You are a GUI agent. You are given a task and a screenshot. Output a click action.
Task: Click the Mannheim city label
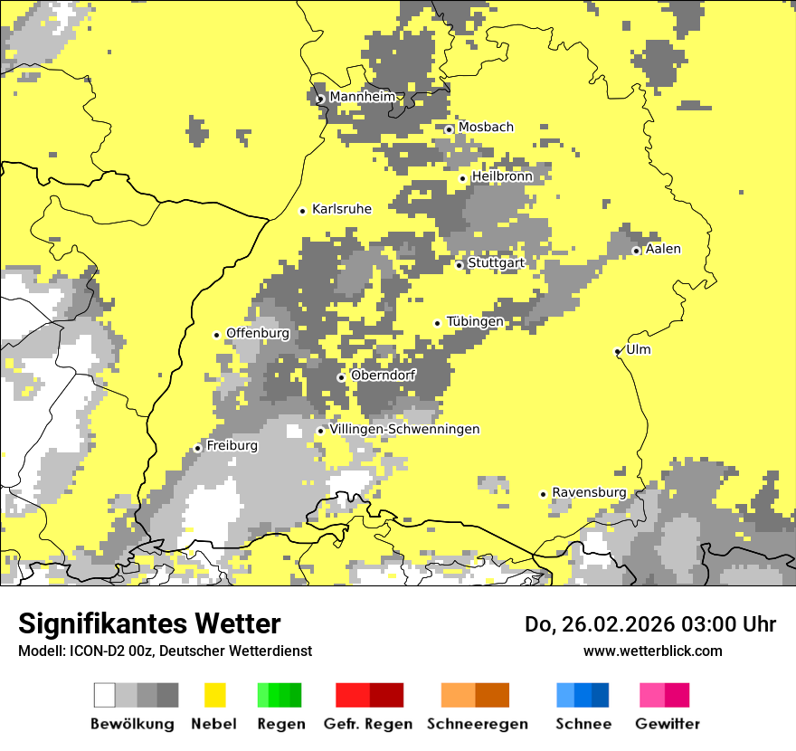click(363, 97)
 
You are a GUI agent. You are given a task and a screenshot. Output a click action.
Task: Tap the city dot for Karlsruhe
click(303, 211)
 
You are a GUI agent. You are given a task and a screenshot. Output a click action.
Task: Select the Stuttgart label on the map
click(497, 263)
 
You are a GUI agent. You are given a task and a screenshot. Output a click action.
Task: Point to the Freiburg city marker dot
click(197, 448)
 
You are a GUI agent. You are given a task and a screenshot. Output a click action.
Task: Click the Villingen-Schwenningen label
click(404, 429)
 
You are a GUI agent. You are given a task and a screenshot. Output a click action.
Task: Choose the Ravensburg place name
click(589, 492)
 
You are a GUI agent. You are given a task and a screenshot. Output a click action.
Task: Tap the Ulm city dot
click(618, 351)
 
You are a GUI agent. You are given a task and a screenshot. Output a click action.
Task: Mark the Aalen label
click(663, 249)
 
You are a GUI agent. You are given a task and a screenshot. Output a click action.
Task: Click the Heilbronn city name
click(502, 176)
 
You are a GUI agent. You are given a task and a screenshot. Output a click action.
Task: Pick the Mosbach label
click(486, 128)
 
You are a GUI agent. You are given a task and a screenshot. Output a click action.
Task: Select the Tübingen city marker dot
click(438, 323)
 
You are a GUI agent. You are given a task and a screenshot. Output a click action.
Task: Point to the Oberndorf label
click(383, 375)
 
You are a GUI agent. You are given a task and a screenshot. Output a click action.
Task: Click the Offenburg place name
click(258, 333)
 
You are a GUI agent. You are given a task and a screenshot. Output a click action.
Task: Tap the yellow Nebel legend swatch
click(214, 695)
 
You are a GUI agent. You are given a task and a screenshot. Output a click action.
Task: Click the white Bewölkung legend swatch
click(105, 695)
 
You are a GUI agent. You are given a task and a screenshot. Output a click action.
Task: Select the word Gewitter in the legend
click(667, 724)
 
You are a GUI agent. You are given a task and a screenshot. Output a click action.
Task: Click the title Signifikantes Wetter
click(149, 623)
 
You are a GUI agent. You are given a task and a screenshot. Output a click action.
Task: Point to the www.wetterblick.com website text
click(652, 651)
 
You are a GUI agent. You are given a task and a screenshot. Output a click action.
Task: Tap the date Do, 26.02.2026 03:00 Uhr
click(650, 624)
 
